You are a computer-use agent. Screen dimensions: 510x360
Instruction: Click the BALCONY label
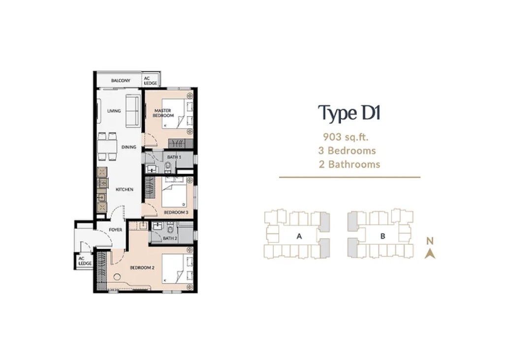click(x=121, y=81)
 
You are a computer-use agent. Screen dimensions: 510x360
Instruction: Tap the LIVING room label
click(x=114, y=111)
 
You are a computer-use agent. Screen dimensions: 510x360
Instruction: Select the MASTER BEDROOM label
click(x=163, y=113)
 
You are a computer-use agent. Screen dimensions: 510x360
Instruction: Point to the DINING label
click(x=129, y=147)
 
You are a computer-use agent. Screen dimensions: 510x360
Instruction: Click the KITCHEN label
click(x=125, y=189)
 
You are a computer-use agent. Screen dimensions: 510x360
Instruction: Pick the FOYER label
click(x=116, y=230)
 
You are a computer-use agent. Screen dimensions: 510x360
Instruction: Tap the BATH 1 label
click(x=174, y=157)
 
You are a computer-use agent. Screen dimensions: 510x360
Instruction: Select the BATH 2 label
click(x=170, y=238)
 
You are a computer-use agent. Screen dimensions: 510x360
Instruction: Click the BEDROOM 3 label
click(x=176, y=212)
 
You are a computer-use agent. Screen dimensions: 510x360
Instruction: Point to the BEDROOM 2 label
click(x=142, y=268)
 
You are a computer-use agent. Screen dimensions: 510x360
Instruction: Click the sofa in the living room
click(x=132, y=112)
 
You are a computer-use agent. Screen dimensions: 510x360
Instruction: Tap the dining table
click(x=107, y=147)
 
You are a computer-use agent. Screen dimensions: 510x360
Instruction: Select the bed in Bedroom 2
click(x=177, y=269)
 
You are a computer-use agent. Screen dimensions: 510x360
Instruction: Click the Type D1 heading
click(x=350, y=113)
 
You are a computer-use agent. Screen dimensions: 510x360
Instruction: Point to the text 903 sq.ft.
click(x=346, y=137)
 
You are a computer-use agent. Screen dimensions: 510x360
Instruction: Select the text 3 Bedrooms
click(x=347, y=151)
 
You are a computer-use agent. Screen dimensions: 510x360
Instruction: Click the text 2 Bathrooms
click(x=350, y=164)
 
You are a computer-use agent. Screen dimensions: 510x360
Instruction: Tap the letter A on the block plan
click(x=299, y=237)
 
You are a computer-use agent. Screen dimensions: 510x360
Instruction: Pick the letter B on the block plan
click(x=383, y=236)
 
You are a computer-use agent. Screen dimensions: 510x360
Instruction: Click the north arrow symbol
click(x=430, y=253)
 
